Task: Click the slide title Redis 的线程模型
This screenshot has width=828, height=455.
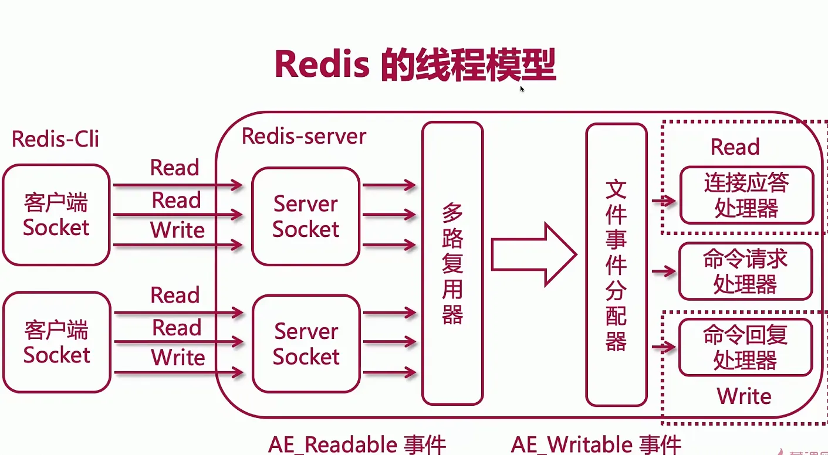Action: (x=415, y=64)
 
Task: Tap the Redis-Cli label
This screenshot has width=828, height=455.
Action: (x=55, y=139)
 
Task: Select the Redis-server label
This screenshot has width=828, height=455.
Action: (x=304, y=136)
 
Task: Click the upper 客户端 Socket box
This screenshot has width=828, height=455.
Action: (x=56, y=215)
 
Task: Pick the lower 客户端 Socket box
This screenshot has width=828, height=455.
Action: (x=57, y=342)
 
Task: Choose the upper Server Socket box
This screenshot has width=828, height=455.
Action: (x=306, y=216)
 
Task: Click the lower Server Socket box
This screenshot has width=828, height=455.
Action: (x=306, y=344)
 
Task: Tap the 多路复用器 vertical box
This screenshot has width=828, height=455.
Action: (x=452, y=263)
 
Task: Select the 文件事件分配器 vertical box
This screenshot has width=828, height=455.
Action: (x=616, y=264)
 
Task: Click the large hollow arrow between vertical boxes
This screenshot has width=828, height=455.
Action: (x=534, y=254)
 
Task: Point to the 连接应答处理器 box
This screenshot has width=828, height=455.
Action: (x=746, y=195)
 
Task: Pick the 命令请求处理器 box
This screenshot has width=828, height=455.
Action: (x=746, y=271)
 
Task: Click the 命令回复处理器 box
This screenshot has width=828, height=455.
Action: (x=746, y=347)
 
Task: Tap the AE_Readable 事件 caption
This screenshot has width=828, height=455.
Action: (x=357, y=444)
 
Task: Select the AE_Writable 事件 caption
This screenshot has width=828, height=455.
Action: (x=596, y=444)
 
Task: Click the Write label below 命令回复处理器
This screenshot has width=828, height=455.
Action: (x=744, y=396)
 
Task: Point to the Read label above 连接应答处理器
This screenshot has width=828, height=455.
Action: (x=735, y=147)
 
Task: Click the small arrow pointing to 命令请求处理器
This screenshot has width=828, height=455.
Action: (x=664, y=271)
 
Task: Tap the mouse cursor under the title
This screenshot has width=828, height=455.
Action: (x=522, y=89)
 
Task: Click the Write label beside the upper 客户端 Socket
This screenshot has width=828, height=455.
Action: (x=177, y=230)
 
